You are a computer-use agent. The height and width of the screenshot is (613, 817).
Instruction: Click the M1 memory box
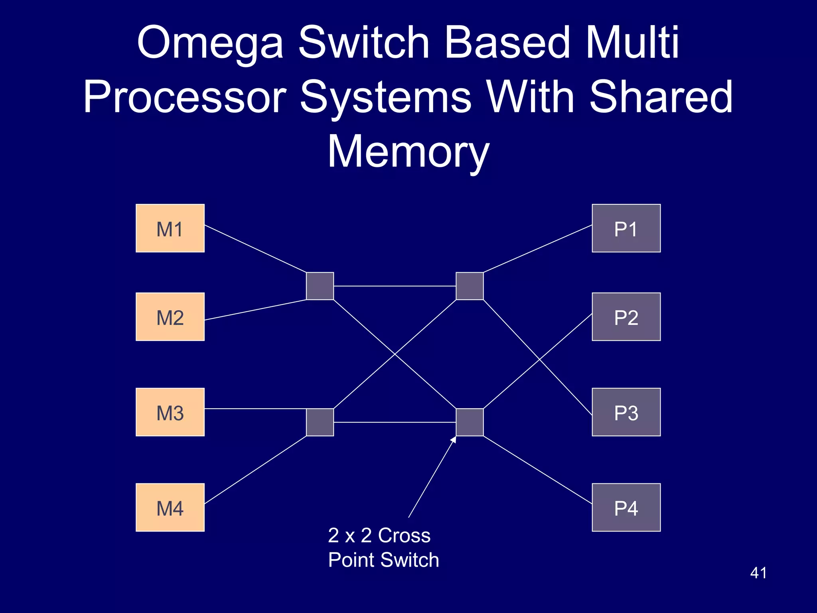click(170, 228)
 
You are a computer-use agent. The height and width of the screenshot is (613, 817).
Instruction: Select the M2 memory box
click(170, 317)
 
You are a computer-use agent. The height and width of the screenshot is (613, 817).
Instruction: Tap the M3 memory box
click(170, 412)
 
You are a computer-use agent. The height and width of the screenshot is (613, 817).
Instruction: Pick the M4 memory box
click(170, 507)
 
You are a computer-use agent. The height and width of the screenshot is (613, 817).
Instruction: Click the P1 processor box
click(626, 228)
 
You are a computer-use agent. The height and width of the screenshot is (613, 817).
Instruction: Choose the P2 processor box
click(626, 317)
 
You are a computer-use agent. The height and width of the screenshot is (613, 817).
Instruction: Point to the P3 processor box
click(626, 412)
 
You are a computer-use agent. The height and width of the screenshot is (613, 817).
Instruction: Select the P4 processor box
click(626, 507)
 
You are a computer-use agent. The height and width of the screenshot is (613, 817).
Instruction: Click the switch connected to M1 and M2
click(320, 286)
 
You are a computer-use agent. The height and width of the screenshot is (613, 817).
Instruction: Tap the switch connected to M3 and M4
click(320, 422)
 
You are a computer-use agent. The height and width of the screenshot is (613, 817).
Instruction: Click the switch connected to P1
click(470, 286)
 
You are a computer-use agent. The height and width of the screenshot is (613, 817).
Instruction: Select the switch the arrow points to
click(470, 422)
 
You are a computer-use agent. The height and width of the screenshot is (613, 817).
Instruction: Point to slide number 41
click(758, 573)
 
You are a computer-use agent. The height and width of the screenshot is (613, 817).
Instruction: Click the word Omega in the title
click(210, 43)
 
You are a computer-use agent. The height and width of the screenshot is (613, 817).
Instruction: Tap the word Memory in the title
click(408, 152)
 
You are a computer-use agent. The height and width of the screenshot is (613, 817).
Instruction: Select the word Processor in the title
click(185, 97)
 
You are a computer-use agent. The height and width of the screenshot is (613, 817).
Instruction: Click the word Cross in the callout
click(404, 535)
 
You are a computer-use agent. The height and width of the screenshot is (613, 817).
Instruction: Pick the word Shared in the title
click(661, 97)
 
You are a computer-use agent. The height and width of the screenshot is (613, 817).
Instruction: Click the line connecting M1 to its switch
click(255, 249)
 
